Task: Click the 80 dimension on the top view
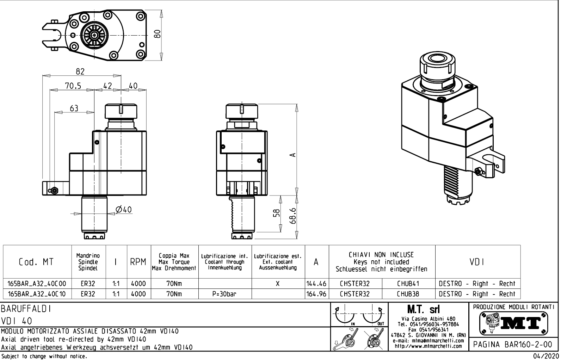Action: click(158, 34)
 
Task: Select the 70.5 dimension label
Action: click(73, 86)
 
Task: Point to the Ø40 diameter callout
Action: click(124, 210)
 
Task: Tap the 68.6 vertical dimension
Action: click(294, 213)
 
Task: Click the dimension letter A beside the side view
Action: click(292, 155)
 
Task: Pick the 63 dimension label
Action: click(74, 108)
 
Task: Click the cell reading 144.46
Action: click(316, 284)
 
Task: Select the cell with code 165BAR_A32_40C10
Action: click(37, 294)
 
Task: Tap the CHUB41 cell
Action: click(408, 284)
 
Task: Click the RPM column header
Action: click(138, 262)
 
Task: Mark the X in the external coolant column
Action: click(278, 284)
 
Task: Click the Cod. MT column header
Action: click(36, 262)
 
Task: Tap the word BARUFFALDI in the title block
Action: click(26, 309)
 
